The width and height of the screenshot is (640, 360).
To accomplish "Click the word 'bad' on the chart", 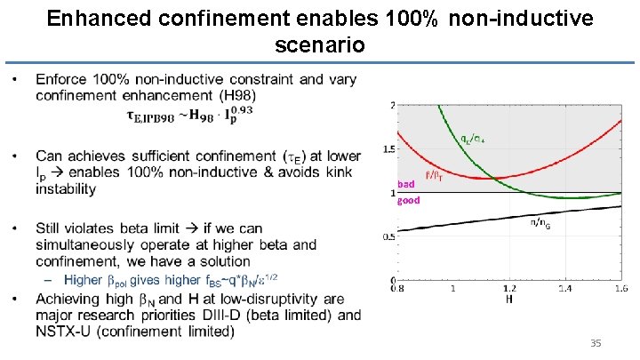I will coord(405,184).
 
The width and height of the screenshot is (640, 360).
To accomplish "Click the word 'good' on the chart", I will coord(408,200).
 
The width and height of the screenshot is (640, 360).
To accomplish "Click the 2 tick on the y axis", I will coord(392,106).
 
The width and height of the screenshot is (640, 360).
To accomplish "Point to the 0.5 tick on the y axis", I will coord(388,236).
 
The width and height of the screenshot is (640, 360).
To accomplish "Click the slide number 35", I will coord(596,342).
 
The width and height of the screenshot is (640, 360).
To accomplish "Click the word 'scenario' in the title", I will coord(319,43).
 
